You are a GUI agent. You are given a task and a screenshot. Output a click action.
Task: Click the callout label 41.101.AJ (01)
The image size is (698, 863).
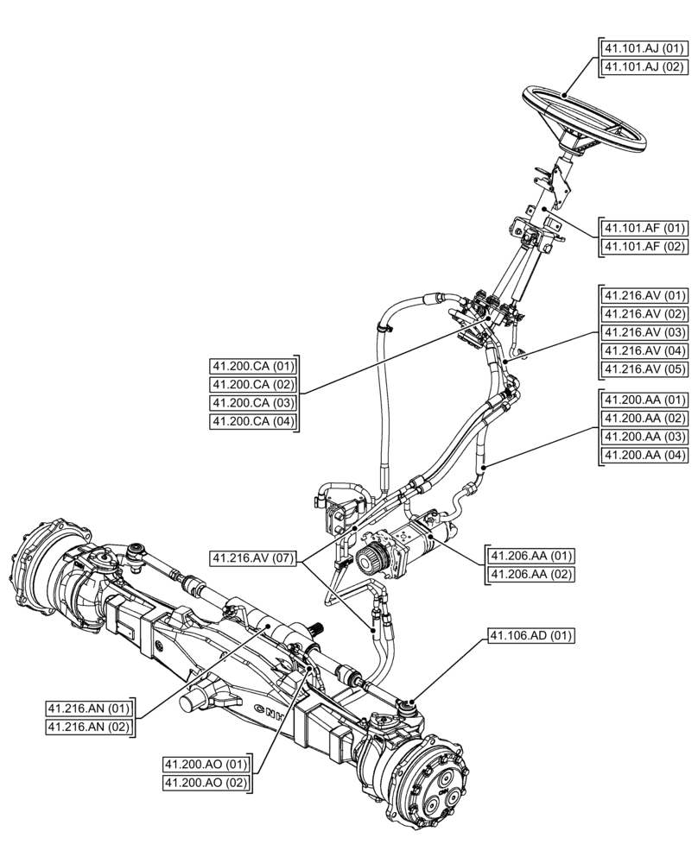644,47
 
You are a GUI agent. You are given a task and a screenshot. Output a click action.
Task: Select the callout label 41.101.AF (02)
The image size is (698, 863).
644,247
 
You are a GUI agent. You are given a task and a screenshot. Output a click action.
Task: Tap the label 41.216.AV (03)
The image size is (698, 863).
644,332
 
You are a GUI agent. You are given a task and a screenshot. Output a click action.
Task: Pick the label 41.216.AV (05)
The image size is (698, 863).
644,370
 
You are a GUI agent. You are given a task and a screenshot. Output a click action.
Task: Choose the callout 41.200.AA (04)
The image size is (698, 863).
644,456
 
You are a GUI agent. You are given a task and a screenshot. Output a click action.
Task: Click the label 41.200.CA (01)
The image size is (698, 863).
253,365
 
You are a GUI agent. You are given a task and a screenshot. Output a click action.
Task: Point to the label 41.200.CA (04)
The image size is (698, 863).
253,422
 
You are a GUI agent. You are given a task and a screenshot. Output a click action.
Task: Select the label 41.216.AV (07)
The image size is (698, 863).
253,559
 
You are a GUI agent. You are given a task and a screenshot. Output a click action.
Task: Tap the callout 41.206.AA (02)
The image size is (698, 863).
530,574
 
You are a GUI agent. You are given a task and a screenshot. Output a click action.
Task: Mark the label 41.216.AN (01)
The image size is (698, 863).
89,709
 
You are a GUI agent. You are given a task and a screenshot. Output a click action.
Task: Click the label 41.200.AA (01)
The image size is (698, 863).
644,400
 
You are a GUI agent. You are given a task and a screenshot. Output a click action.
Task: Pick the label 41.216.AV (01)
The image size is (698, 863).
644,294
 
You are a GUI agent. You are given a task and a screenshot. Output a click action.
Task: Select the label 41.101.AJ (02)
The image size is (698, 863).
644,66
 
